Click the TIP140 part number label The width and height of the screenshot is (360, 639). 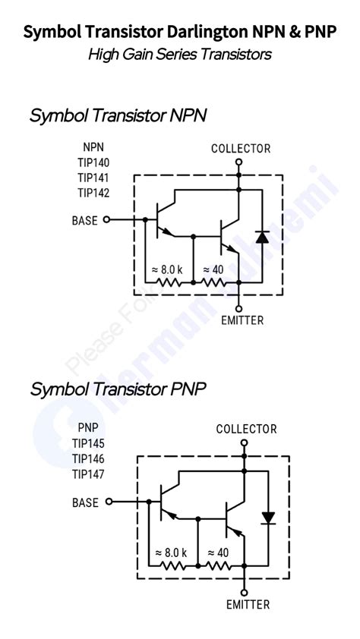93,162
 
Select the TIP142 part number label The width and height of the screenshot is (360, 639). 93,193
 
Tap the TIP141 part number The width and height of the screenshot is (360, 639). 93,178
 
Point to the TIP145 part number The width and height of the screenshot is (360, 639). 89,443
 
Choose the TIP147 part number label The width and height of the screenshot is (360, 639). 89,474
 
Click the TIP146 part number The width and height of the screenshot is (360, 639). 89,459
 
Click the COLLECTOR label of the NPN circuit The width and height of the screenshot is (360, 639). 240,149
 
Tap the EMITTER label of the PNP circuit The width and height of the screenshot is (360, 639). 248,605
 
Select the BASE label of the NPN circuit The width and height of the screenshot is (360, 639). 84,221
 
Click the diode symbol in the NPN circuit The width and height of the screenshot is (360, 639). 262,236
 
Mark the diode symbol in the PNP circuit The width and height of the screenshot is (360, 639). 267,518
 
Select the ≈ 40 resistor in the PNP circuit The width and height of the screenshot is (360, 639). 219,565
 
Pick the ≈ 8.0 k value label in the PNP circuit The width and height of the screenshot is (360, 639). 170,552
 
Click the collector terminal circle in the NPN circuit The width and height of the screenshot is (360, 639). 239,162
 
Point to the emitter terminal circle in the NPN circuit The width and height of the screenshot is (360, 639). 239,307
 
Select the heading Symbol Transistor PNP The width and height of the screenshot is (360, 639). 118,389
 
